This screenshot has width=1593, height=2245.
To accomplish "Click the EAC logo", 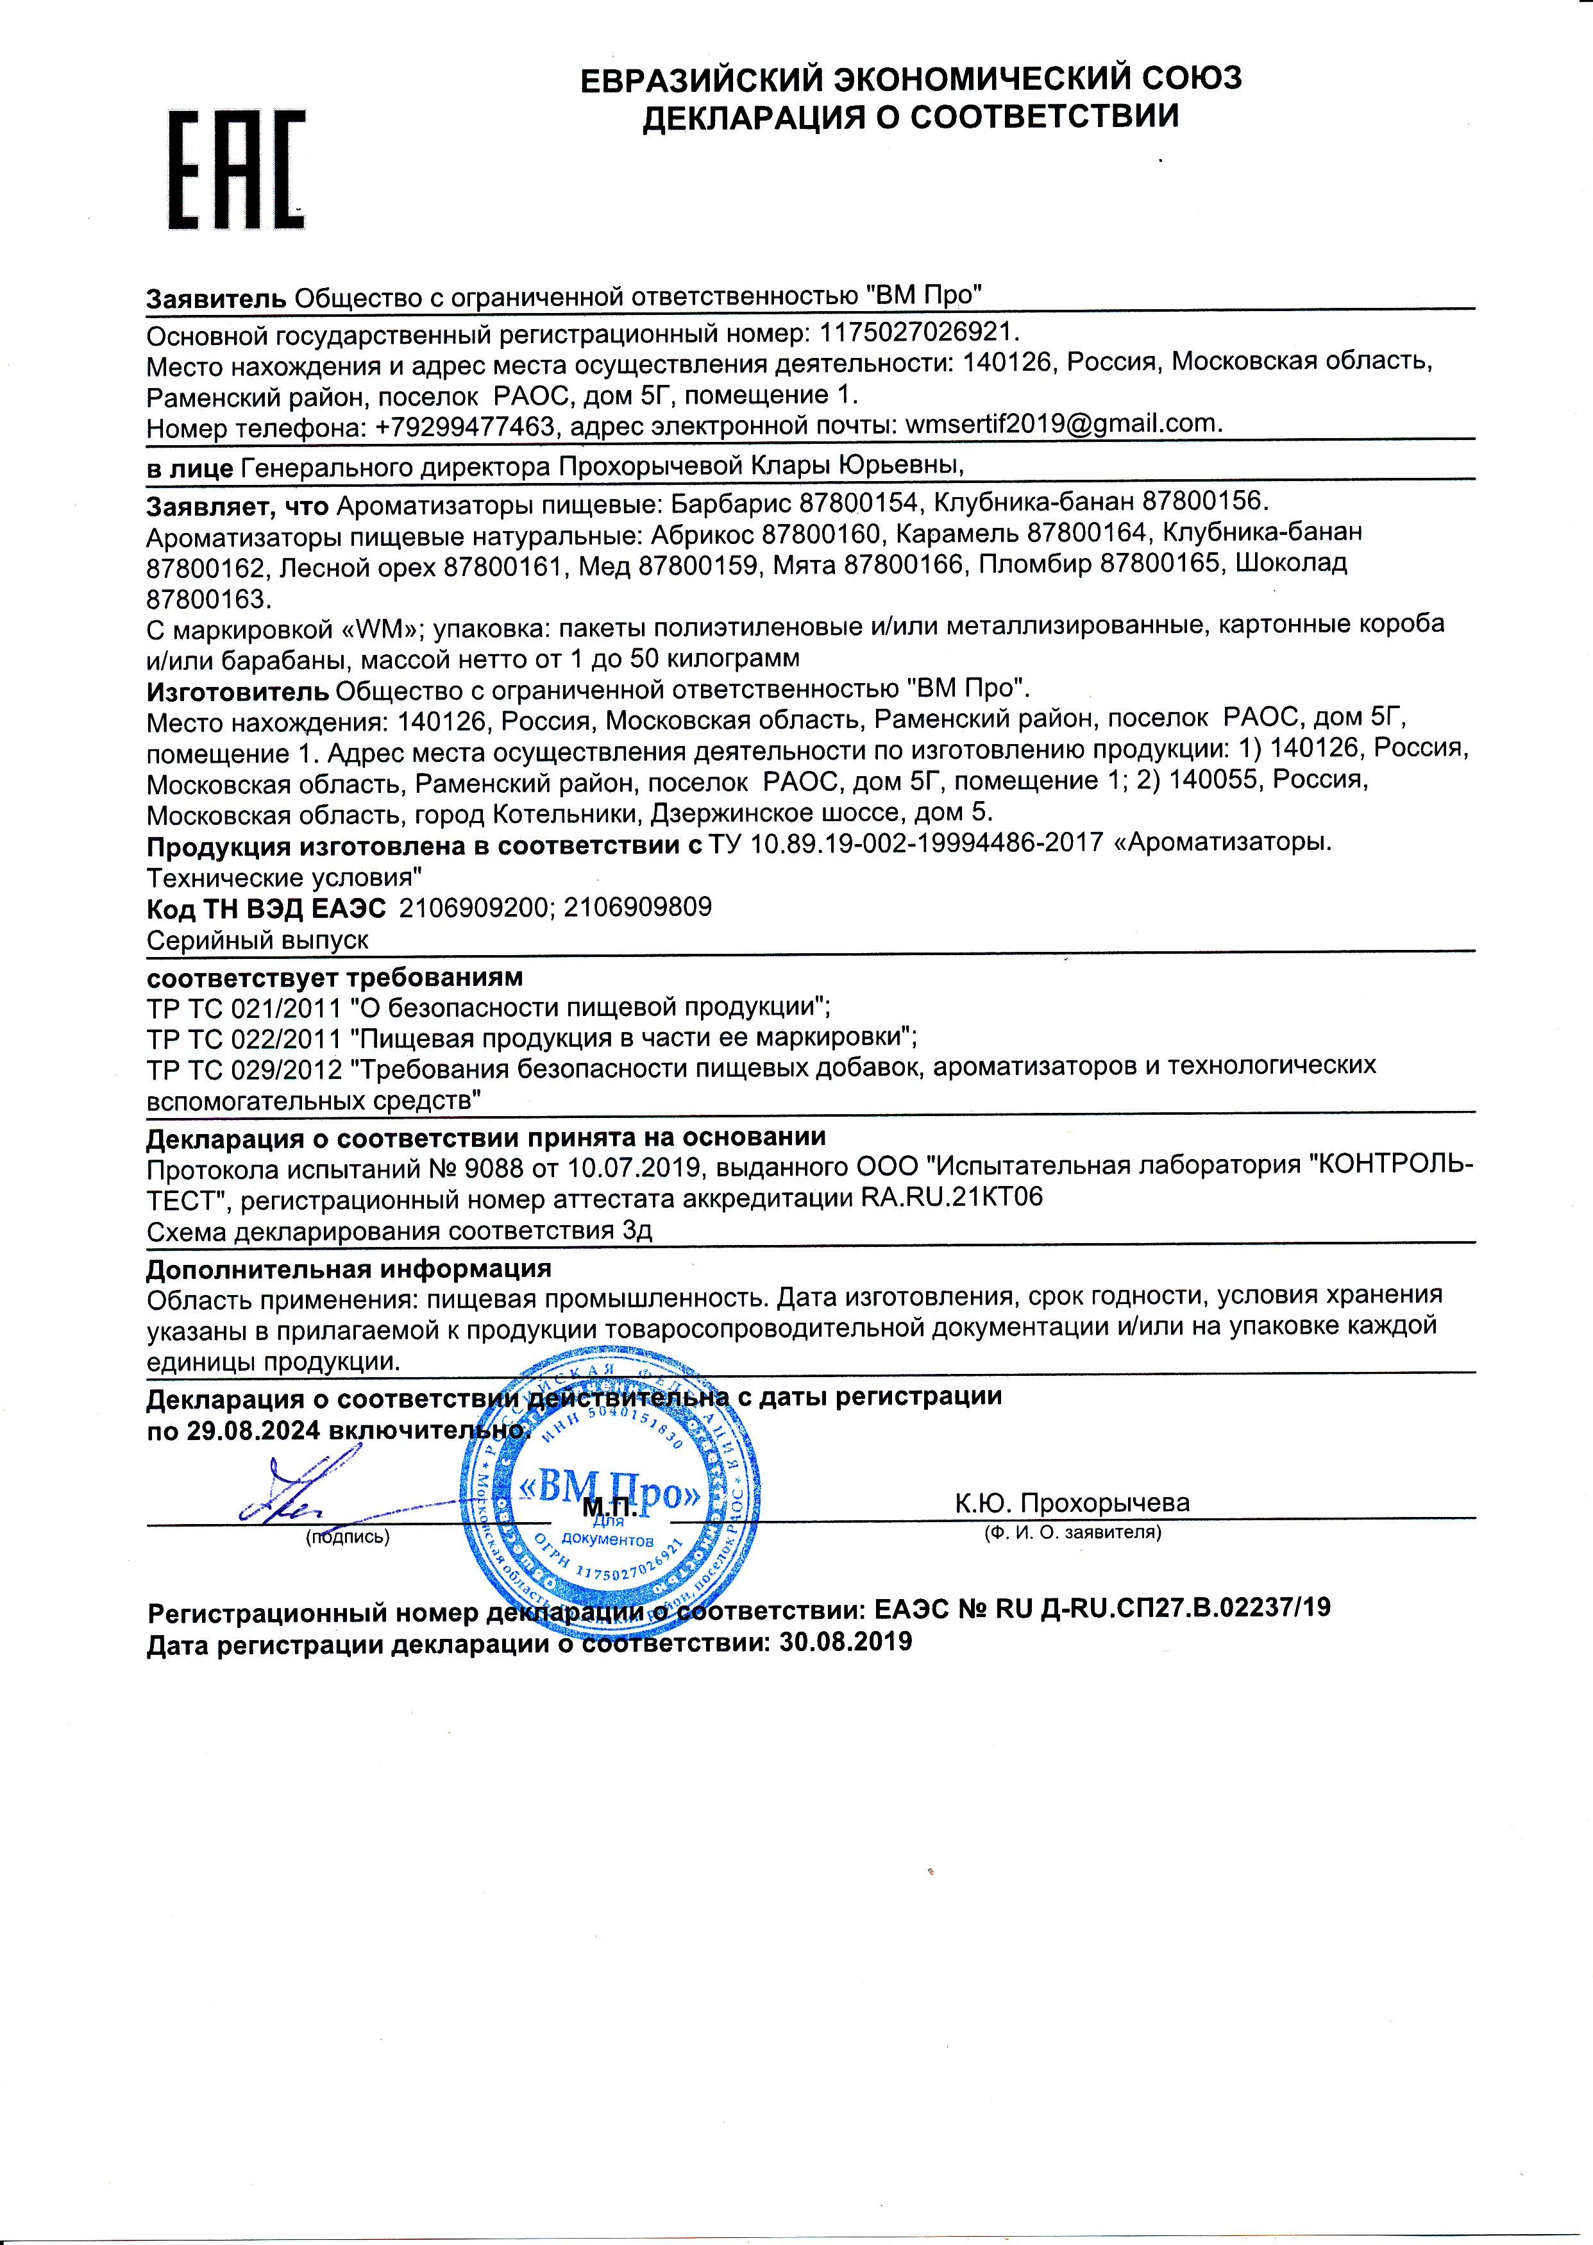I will coord(237,170).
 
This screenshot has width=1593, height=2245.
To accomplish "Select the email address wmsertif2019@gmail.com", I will coord(1063,424).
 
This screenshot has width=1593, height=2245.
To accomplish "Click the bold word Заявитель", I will coord(216,298).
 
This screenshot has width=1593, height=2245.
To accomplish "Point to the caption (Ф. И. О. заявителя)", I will coord(1073,1532).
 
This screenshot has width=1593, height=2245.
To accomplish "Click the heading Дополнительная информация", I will coord(348,1269).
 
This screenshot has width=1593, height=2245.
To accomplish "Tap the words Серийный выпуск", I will coord(257,940).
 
